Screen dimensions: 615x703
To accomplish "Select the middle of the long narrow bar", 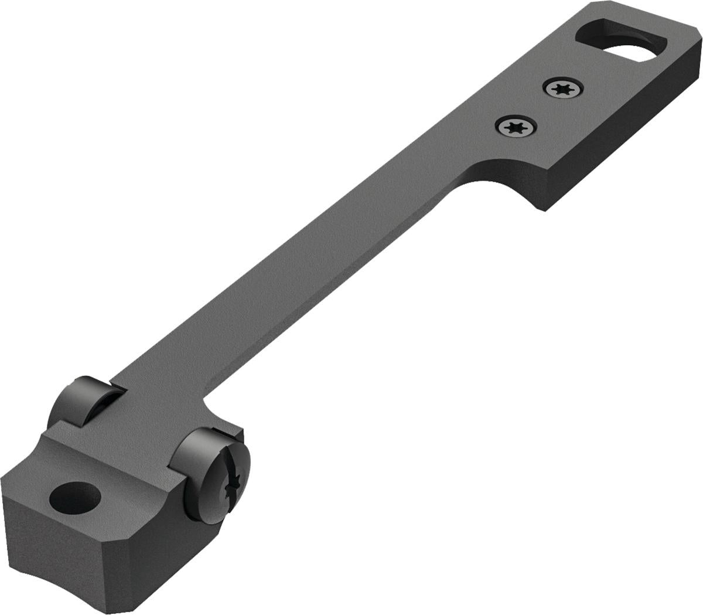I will [305, 293].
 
